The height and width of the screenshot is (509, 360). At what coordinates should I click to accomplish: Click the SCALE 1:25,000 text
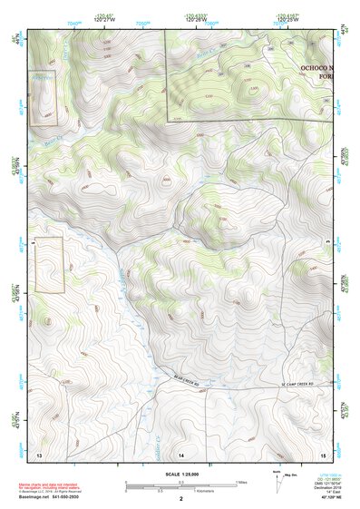(x=180, y=475)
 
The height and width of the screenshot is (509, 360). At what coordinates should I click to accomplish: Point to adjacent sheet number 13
(x=39, y=453)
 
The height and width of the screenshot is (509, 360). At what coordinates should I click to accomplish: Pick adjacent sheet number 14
(x=181, y=453)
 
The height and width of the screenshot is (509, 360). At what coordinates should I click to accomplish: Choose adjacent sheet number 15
(x=323, y=453)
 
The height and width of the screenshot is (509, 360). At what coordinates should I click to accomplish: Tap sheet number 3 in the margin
(x=326, y=244)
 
